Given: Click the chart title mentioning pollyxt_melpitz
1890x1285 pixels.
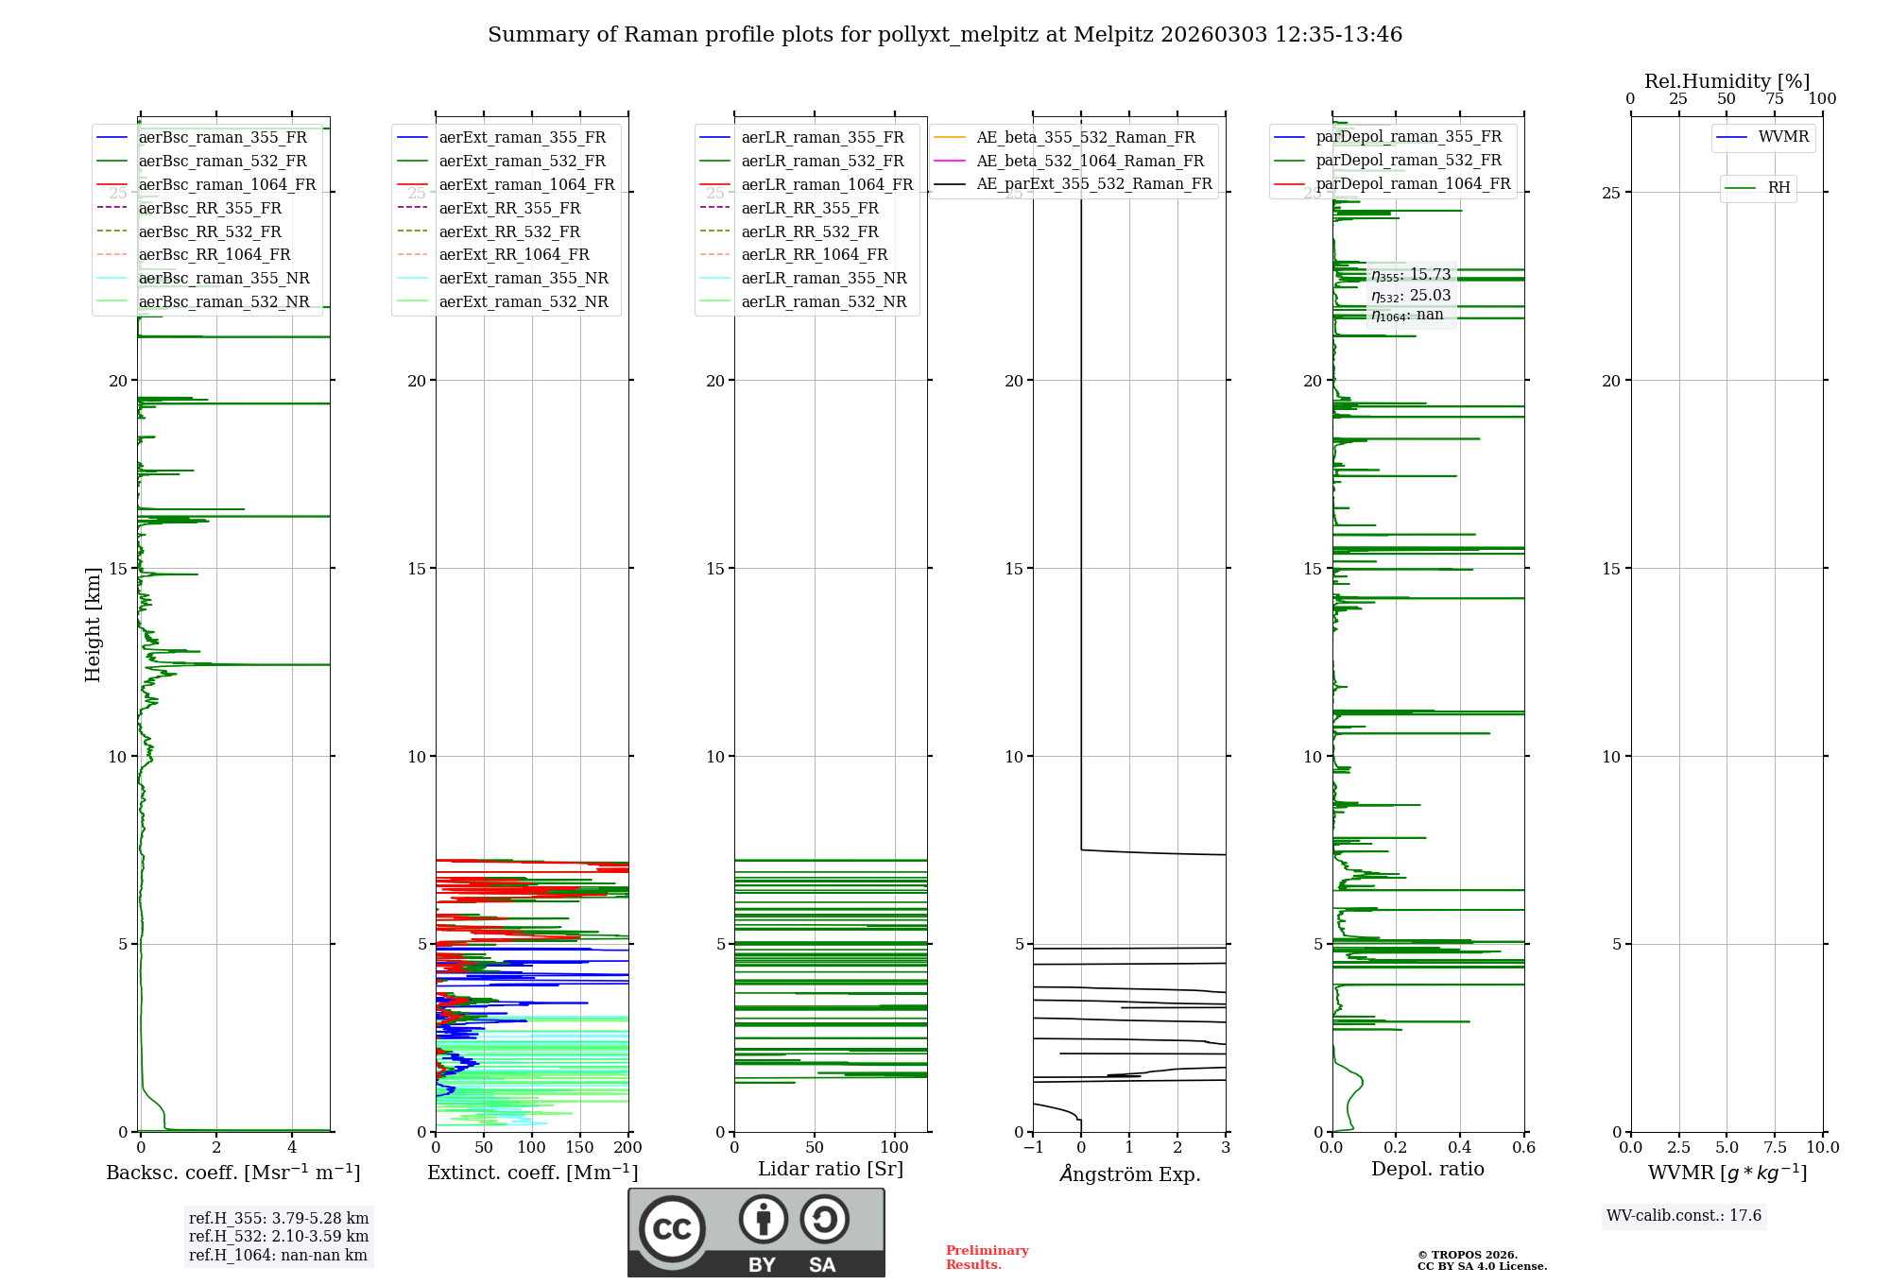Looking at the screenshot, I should (x=945, y=35).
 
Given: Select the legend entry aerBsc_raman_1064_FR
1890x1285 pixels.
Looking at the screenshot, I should (x=227, y=185).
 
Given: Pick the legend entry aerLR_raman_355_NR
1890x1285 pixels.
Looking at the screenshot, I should (x=823, y=279).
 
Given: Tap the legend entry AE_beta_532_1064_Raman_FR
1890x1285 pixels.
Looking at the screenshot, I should (x=1090, y=162).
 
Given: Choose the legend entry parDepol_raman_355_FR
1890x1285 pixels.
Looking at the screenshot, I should (x=1408, y=137).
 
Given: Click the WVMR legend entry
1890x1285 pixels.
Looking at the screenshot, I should (x=1783, y=137).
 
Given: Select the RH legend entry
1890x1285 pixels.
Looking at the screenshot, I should (x=1778, y=188).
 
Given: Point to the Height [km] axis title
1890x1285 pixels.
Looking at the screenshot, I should (x=93, y=625).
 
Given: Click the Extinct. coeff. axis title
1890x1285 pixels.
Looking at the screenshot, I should (x=532, y=1173).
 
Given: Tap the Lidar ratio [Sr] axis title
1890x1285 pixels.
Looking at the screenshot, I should (x=831, y=1170).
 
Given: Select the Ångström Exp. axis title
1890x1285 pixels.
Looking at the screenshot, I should (x=1129, y=1174).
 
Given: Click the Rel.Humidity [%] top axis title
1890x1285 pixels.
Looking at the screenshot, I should (x=1727, y=81).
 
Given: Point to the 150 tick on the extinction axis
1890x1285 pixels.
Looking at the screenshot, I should (x=580, y=1148).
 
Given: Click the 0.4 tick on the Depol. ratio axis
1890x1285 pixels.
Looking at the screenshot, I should (x=1459, y=1148).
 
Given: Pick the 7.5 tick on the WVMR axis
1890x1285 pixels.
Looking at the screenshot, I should (x=1775, y=1148).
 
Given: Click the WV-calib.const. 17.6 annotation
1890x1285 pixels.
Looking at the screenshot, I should (x=1684, y=1216).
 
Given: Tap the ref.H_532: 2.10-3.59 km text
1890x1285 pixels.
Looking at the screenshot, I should (x=279, y=1237).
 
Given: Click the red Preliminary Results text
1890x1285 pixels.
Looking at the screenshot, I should (x=987, y=1258).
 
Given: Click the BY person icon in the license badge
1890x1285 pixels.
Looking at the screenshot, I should (x=763, y=1220).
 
